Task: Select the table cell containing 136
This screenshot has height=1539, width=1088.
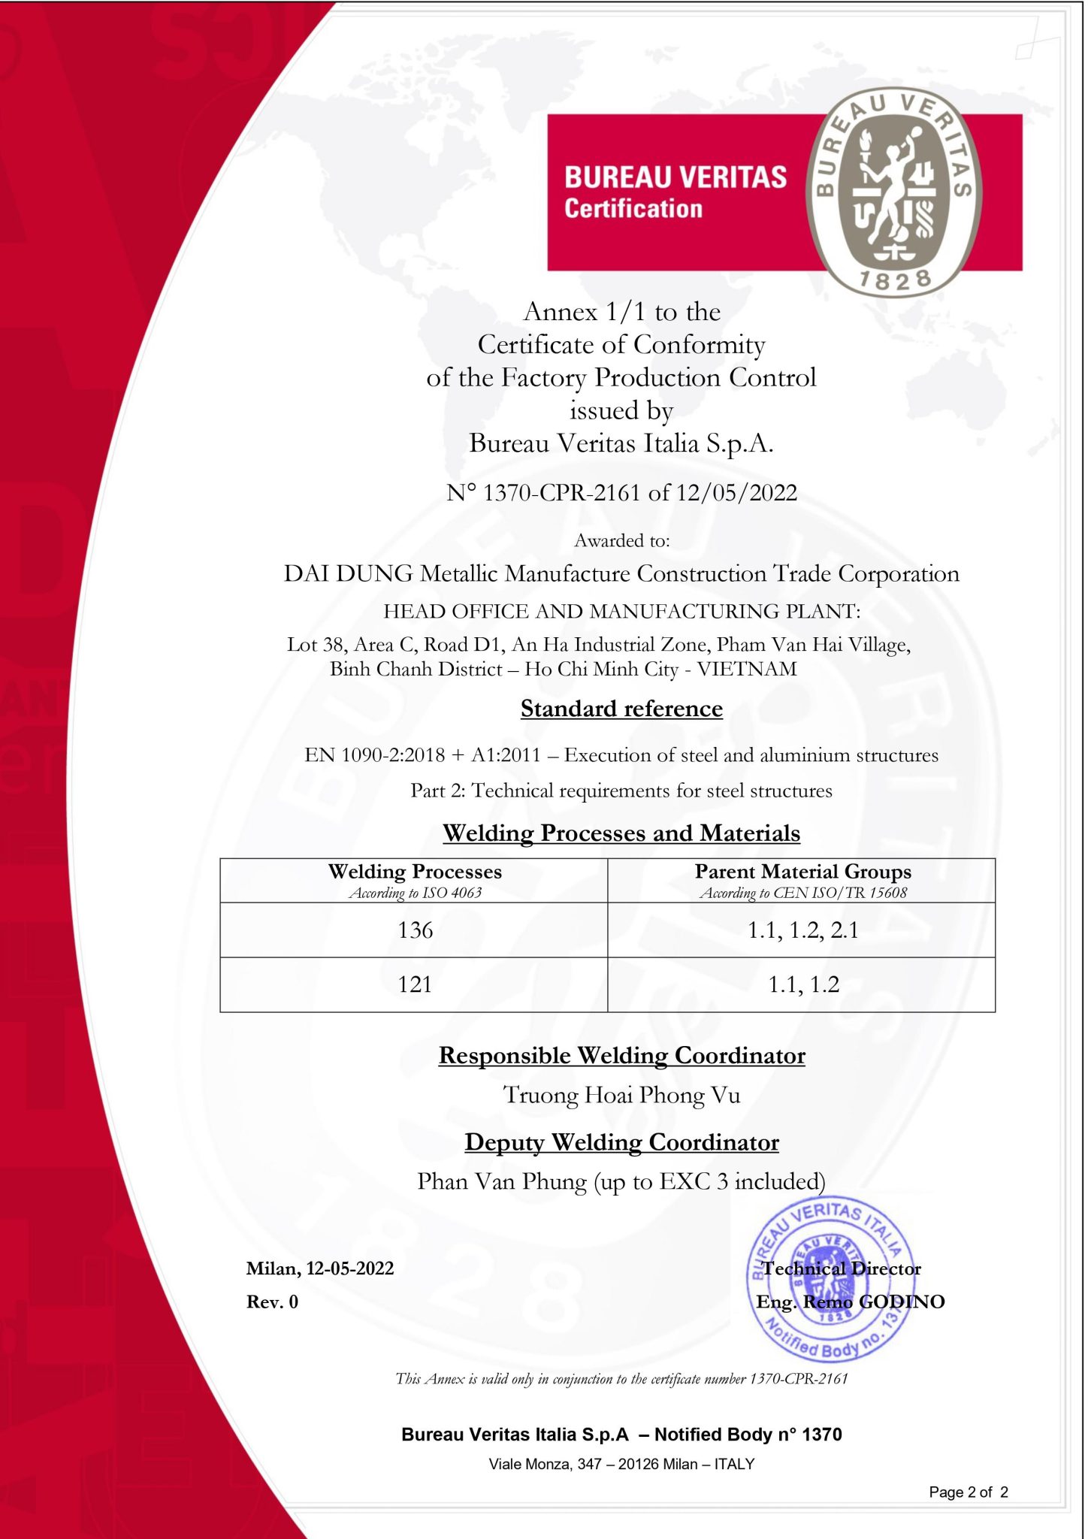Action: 415,930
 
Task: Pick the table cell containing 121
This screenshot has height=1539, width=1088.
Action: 415,984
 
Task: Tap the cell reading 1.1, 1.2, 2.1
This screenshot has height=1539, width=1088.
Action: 802,930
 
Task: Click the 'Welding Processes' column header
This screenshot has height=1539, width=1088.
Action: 415,872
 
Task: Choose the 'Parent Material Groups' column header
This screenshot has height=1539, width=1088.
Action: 802,872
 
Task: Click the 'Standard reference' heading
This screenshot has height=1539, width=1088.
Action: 621,709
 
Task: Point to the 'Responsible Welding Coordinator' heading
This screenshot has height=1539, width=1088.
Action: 621,1056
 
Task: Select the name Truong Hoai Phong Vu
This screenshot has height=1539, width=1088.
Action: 621,1095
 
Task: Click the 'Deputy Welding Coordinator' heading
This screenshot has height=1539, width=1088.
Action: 621,1142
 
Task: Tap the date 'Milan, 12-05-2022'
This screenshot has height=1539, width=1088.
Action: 320,1268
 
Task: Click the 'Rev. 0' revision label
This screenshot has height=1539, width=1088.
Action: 272,1302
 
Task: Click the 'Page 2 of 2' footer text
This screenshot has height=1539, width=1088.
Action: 968,1492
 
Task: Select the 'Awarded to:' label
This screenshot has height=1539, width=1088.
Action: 621,540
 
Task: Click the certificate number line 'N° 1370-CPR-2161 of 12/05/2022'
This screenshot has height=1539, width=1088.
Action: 621,493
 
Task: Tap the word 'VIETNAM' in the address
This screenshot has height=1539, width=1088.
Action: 747,669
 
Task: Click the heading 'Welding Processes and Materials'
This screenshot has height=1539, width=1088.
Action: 621,833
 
